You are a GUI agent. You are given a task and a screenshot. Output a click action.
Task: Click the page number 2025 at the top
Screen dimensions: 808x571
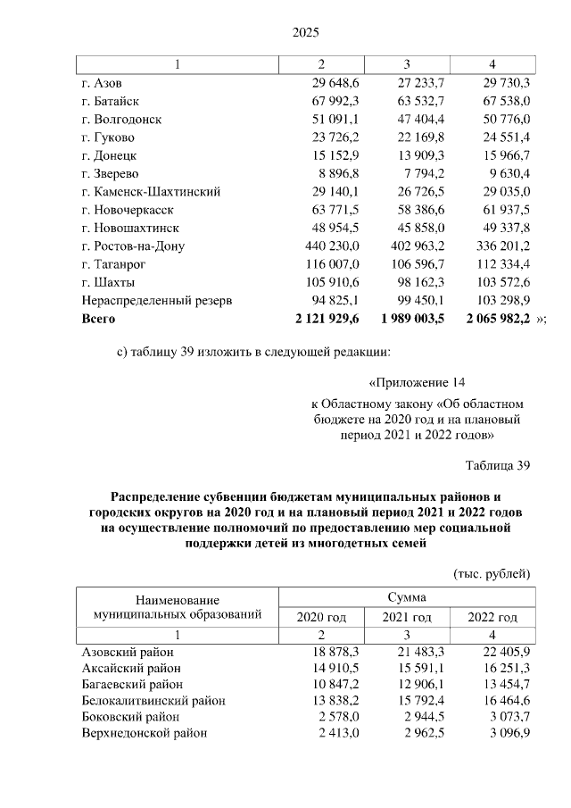pyautogui.click(x=306, y=33)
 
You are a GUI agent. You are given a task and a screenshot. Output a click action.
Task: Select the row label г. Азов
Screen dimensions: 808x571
pyautogui.click(x=101, y=83)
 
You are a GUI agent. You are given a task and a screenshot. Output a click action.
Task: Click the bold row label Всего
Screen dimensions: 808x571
pyautogui.click(x=98, y=319)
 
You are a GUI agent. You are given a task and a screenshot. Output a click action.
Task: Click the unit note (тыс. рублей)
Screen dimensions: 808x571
pyautogui.click(x=492, y=572)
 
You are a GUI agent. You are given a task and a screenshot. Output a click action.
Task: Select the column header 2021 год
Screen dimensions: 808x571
pyautogui.click(x=407, y=617)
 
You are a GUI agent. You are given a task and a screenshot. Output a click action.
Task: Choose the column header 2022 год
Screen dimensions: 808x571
pyautogui.click(x=492, y=617)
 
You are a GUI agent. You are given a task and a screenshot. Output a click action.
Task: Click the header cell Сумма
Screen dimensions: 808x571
pyautogui.click(x=406, y=597)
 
